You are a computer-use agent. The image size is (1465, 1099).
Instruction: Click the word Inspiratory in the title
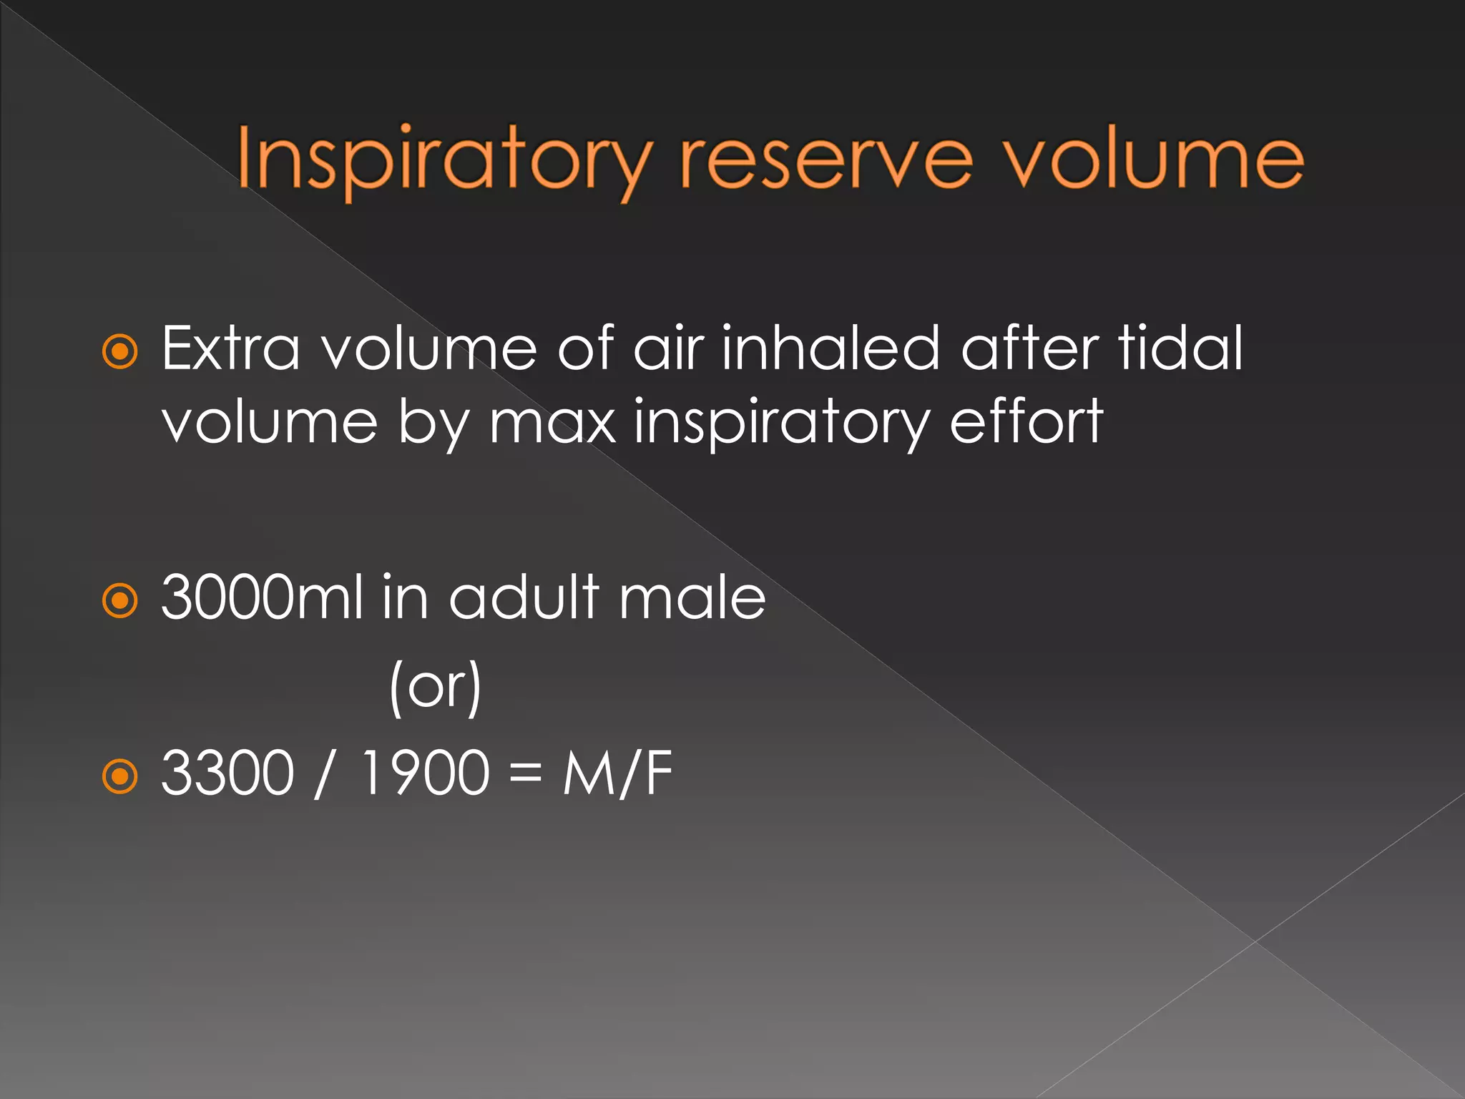[444, 161]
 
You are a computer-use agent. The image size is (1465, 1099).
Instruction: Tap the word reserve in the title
[826, 161]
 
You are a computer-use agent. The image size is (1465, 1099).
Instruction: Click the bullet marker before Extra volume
[119, 351]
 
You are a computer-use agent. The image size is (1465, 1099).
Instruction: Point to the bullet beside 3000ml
[119, 600]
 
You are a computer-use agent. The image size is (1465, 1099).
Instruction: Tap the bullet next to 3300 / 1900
[119, 776]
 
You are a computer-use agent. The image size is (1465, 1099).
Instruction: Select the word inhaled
[829, 348]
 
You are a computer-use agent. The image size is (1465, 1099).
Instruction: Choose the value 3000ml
[262, 597]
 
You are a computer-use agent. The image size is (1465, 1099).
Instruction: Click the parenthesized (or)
[436, 687]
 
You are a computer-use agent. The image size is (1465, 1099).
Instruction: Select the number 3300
[227, 773]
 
